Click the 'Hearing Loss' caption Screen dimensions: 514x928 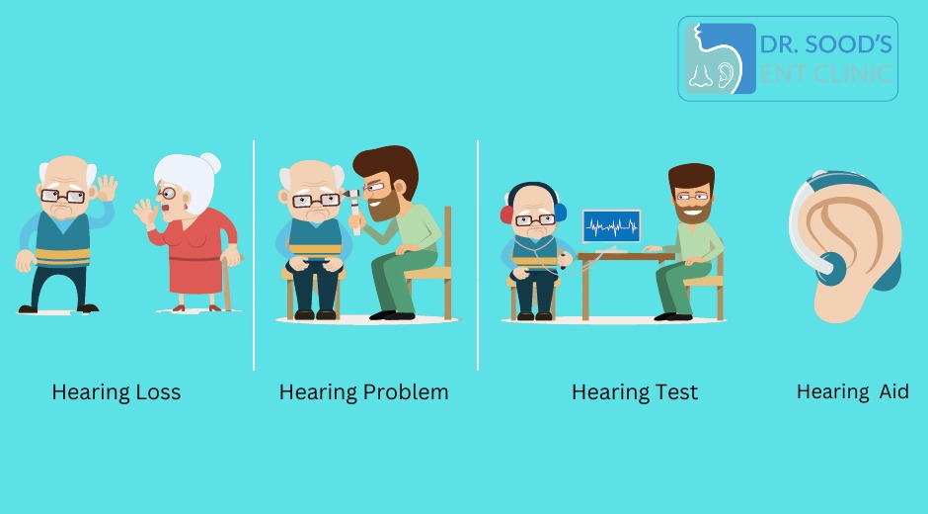[x=116, y=392]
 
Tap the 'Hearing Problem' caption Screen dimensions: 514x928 [x=363, y=392]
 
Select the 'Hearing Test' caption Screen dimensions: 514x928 [x=634, y=392]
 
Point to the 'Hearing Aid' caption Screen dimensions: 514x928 [x=852, y=392]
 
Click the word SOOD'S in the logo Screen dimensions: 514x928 [x=849, y=43]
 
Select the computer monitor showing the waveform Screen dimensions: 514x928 [x=611, y=227]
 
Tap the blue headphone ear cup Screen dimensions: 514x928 [x=561, y=211]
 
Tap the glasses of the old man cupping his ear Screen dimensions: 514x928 [x=65, y=196]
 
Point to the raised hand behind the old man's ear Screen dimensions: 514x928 [x=106, y=187]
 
